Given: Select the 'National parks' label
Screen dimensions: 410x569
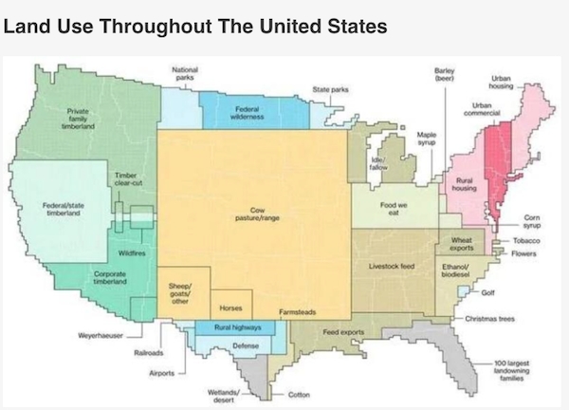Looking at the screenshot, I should pyautogui.click(x=185, y=73).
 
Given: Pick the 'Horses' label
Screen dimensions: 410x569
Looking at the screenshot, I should pyautogui.click(x=229, y=307).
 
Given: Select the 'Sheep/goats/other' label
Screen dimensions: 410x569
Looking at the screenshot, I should pyautogui.click(x=180, y=290).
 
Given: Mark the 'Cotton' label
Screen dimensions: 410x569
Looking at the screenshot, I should pyautogui.click(x=299, y=394).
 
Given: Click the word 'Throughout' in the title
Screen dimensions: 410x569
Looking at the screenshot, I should pyautogui.click(x=170, y=26).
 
